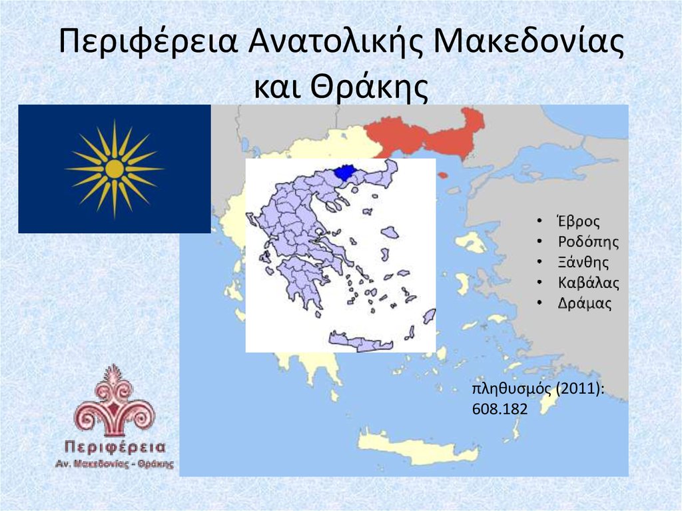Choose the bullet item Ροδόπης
[x=588, y=243]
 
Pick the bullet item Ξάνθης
[x=583, y=262]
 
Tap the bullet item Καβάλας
[x=588, y=282]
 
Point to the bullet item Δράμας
[x=584, y=303]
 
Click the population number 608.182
[x=500, y=410]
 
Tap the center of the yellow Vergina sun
[x=115, y=169]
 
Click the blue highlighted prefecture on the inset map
[x=344, y=173]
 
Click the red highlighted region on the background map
[x=426, y=137]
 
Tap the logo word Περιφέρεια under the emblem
[x=115, y=446]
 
